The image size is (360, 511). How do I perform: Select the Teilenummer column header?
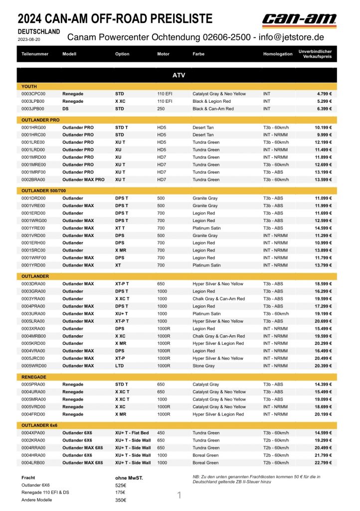click(33, 54)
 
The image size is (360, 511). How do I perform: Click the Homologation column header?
click(278, 54)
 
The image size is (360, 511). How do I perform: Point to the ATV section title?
click(179, 75)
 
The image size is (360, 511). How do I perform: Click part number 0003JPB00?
click(33, 109)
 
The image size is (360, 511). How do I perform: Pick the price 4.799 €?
click(324, 94)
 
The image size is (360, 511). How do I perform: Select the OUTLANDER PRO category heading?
click(40, 120)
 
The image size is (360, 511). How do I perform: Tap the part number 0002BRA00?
click(33, 180)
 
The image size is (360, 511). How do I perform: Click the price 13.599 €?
click(323, 180)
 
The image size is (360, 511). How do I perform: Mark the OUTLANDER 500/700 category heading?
click(44, 191)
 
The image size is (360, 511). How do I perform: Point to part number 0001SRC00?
click(33, 251)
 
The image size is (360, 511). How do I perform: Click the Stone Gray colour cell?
click(204, 366)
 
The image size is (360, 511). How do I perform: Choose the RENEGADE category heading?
click(34, 377)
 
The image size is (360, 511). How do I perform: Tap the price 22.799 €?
click(323, 463)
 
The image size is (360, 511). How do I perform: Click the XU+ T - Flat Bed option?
click(132, 433)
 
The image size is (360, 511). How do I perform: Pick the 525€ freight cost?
click(120, 485)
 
